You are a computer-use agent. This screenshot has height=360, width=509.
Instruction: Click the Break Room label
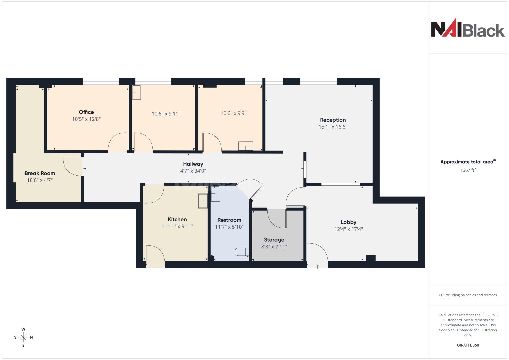tap(40, 173)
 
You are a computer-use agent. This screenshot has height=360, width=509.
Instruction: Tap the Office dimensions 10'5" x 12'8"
tap(86, 119)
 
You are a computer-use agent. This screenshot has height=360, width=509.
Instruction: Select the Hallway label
tap(193, 164)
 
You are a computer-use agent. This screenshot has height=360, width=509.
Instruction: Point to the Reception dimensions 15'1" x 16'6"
tap(333, 127)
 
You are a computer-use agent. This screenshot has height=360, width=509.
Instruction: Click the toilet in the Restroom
tap(242, 252)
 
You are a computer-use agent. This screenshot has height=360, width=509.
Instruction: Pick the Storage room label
tap(274, 240)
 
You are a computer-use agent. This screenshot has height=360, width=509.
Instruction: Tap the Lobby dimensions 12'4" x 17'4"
tap(349, 229)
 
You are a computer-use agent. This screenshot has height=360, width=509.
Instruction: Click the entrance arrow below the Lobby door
tap(317, 267)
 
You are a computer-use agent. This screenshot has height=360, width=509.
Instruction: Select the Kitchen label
tap(177, 219)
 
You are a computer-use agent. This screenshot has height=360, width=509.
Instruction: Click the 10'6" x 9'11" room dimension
tap(166, 114)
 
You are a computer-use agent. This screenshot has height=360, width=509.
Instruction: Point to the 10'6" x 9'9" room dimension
tap(234, 113)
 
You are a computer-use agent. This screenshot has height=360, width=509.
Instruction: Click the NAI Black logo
tap(468, 28)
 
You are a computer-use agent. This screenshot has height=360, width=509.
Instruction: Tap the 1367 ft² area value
tap(468, 170)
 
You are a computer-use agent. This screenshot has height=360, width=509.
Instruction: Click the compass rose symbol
tap(23, 337)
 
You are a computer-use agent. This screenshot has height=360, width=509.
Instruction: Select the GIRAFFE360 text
tap(468, 345)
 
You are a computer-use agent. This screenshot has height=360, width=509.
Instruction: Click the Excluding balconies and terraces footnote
tap(468, 295)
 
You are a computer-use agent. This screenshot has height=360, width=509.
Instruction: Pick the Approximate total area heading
tap(468, 162)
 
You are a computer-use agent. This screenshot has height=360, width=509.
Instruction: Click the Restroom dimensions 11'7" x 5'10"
tap(229, 227)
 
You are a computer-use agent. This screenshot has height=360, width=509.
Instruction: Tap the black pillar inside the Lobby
tap(371, 258)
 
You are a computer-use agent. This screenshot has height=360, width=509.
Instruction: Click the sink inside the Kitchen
tap(203, 201)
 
